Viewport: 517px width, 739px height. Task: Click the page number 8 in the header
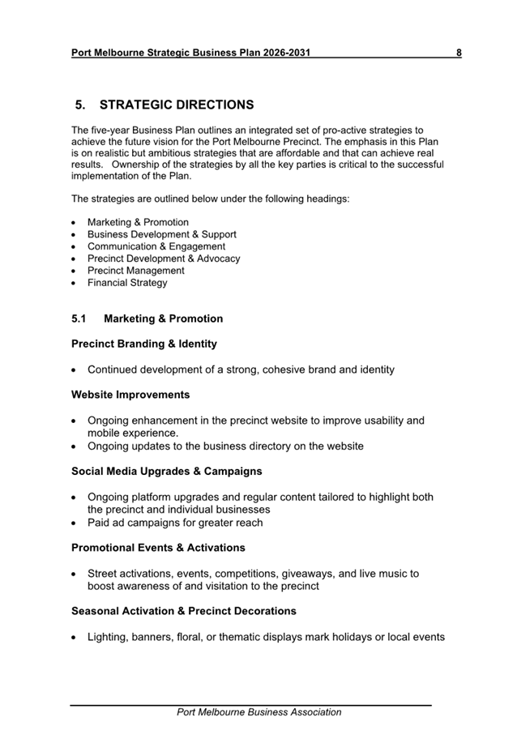tap(459, 53)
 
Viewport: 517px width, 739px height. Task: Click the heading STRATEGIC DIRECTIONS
tap(177, 105)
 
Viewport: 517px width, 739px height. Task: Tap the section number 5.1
tap(79, 318)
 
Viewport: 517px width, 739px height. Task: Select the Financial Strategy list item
tap(127, 283)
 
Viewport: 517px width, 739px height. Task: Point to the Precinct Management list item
tap(135, 271)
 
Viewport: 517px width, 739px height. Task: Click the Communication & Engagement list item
tap(156, 246)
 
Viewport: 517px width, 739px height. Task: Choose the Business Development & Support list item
tap(162, 234)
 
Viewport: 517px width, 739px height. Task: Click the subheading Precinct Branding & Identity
tap(144, 344)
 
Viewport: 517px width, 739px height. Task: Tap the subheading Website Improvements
tap(130, 395)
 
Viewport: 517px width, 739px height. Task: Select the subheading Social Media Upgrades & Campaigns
tap(167, 471)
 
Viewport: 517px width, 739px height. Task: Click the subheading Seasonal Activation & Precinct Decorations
tap(184, 611)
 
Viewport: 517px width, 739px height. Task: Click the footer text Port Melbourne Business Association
tap(259, 712)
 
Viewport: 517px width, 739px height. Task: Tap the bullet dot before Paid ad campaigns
tap(75, 523)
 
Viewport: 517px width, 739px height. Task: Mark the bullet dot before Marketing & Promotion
tap(75, 223)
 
